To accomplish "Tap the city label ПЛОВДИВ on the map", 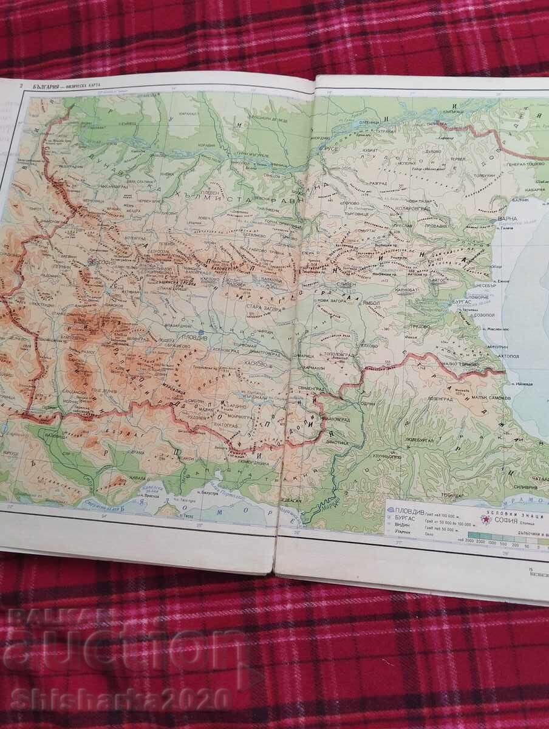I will (x=207, y=333).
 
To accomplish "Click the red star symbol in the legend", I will (x=485, y=519).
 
